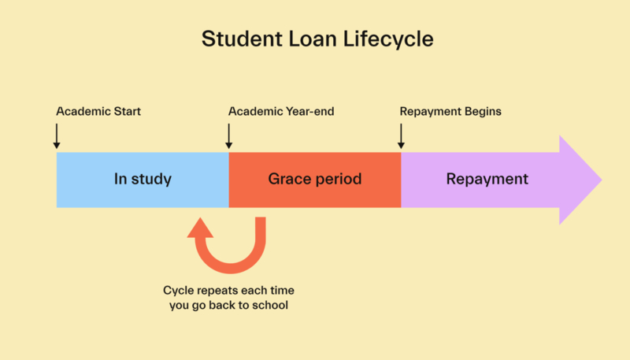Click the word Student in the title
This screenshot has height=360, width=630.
pyautogui.click(x=242, y=39)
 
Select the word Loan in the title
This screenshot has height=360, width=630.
pyautogui.click(x=312, y=39)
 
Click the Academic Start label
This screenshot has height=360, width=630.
pyautogui.click(x=98, y=111)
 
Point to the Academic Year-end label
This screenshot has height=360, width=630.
pyautogui.click(x=281, y=111)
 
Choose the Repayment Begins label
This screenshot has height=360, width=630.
pyautogui.click(x=450, y=111)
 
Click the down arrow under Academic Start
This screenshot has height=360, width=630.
pyautogui.click(x=57, y=136)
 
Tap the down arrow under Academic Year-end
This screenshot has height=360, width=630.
pyautogui.click(x=228, y=136)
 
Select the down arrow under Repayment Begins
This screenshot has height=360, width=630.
pyautogui.click(x=401, y=136)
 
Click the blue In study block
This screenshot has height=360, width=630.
pyautogui.click(x=143, y=180)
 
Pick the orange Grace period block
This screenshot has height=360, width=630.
pyautogui.click(x=315, y=180)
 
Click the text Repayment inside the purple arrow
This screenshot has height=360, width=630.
pyautogui.click(x=487, y=179)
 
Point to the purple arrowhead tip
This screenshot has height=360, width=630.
pyautogui.click(x=602, y=180)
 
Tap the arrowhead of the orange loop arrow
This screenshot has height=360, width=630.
pyautogui.click(x=200, y=228)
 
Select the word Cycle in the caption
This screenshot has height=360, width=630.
pyautogui.click(x=174, y=291)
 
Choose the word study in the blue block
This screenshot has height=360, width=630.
pyautogui.click(x=151, y=180)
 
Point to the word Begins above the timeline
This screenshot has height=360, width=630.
pyautogui.click(x=483, y=112)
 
